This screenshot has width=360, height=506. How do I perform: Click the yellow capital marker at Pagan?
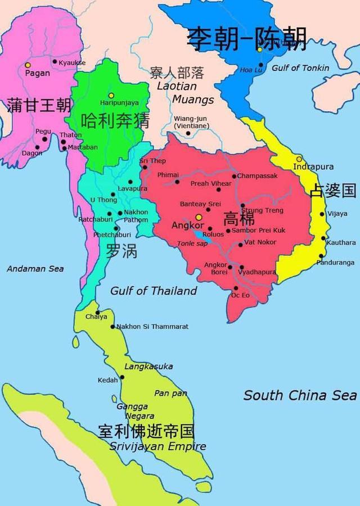[x=28, y=65]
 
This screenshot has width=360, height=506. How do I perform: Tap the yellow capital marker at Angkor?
[x=198, y=216]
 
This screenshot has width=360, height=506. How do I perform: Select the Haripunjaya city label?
[x=119, y=103]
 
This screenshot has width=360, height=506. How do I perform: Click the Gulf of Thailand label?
[x=154, y=291]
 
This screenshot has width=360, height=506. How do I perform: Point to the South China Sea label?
[x=300, y=395]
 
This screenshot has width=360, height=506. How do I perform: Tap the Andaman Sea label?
[x=35, y=269]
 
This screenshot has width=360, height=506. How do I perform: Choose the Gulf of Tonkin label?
[x=300, y=68]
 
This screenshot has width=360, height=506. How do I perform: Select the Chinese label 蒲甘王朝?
[x=39, y=105]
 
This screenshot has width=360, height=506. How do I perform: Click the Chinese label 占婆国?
[x=333, y=191]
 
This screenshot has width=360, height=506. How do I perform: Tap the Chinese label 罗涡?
[x=121, y=250]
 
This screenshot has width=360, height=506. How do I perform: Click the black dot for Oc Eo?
[x=235, y=288]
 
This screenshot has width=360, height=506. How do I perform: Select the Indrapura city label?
[x=314, y=167]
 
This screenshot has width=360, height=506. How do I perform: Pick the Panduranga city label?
[x=335, y=262]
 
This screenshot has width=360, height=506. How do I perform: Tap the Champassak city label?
[x=257, y=176]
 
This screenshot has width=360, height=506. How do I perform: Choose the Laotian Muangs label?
[x=177, y=93]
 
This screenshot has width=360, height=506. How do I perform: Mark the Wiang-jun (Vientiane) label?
[x=191, y=122]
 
